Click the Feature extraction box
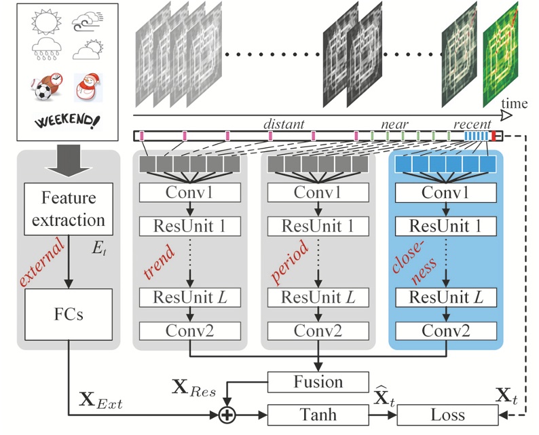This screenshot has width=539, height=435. pyautogui.click(x=69, y=210)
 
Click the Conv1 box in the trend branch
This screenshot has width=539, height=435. pyautogui.click(x=189, y=193)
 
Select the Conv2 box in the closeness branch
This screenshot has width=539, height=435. pyautogui.click(x=445, y=330)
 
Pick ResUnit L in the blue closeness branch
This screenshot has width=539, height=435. pyautogui.click(x=445, y=297)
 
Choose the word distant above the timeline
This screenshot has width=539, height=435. pyautogui.click(x=283, y=124)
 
